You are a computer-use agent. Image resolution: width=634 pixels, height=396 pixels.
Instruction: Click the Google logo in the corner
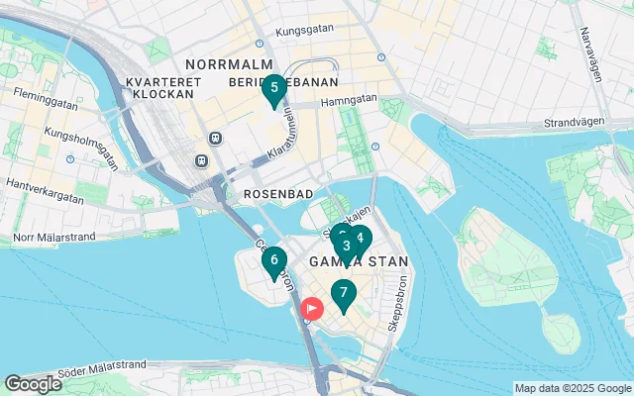point(33,383)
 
